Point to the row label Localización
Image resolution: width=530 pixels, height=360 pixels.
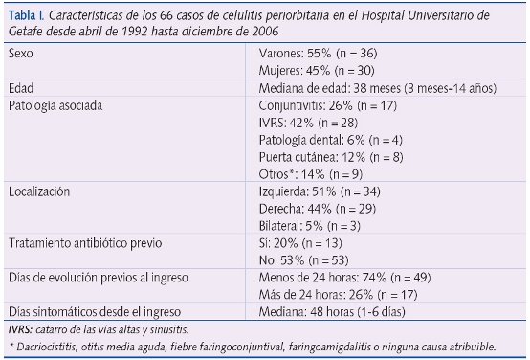(39, 191)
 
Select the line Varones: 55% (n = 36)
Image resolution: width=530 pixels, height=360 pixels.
(320, 55)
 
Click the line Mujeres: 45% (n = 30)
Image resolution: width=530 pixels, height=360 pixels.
(320, 71)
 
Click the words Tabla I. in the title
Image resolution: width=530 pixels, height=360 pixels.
(25, 15)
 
